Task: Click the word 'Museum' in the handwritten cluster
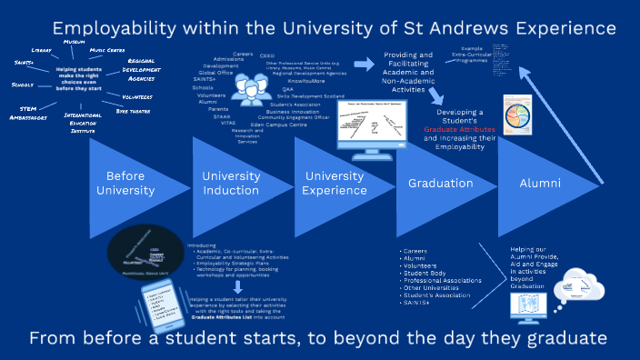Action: (75, 42)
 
